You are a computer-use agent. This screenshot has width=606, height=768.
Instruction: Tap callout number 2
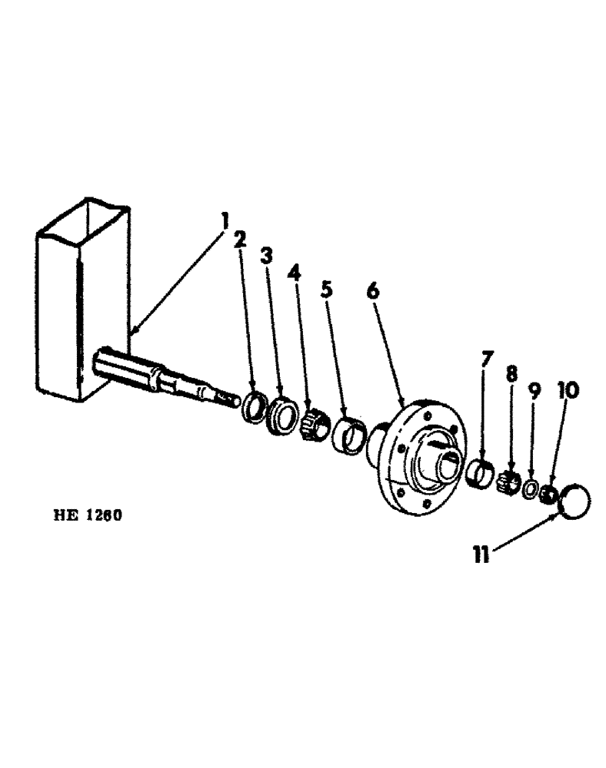[240, 239]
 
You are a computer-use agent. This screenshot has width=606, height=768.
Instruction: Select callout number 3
[266, 256]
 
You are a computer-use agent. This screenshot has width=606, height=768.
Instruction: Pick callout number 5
[326, 290]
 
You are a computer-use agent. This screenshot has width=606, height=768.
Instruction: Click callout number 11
[481, 555]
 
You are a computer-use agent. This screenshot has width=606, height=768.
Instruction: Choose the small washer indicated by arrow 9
[530, 490]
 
